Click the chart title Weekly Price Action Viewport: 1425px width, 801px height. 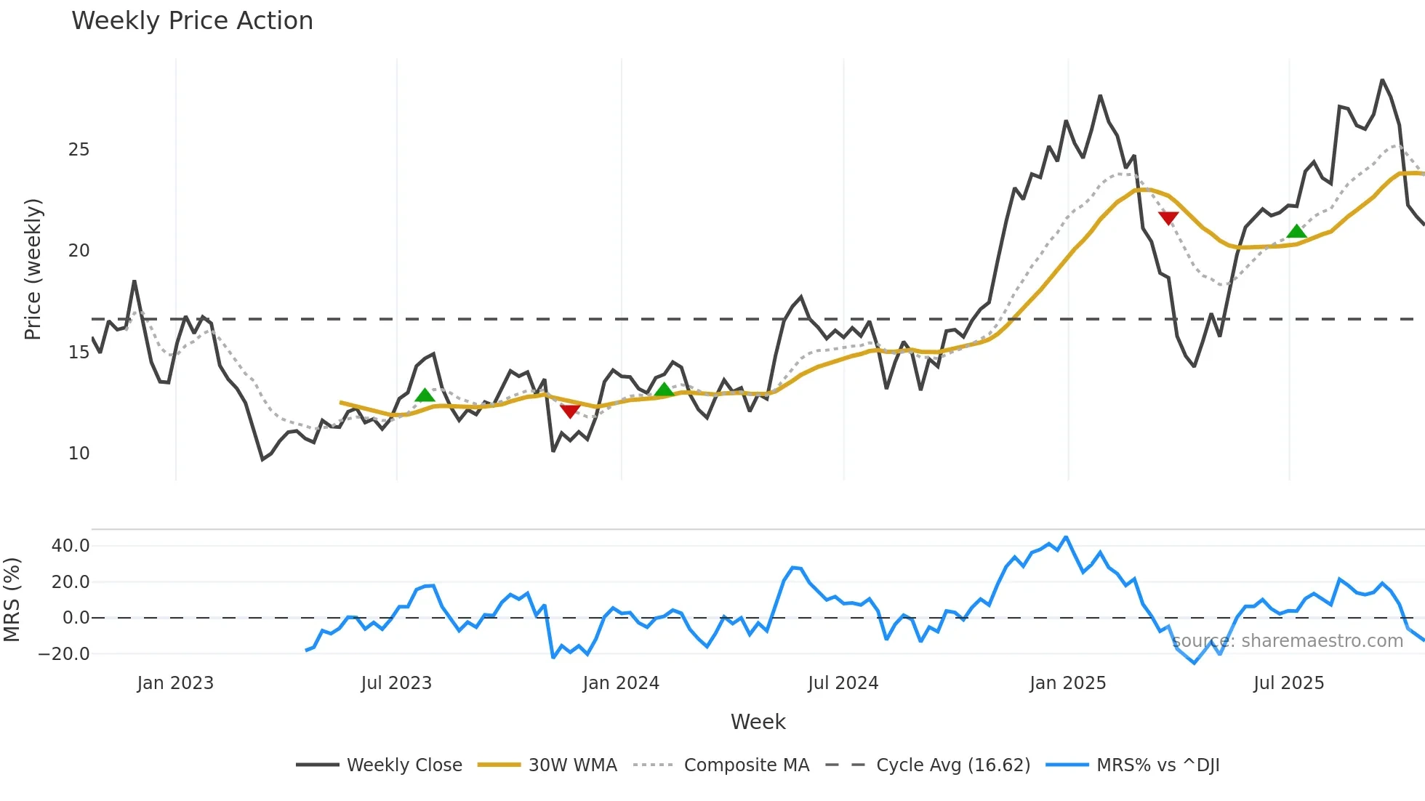tap(192, 21)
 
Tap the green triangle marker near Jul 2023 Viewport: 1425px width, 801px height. tap(425, 395)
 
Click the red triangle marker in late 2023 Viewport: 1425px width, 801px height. tap(570, 411)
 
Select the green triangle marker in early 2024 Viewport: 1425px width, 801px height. tap(664, 390)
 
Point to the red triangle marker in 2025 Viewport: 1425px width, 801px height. tap(1168, 218)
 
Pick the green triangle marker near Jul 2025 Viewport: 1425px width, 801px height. tap(1296, 232)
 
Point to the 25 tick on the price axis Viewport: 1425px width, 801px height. tap(79, 150)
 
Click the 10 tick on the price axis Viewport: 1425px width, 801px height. tap(79, 454)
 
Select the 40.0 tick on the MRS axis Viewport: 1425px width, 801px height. tap(71, 546)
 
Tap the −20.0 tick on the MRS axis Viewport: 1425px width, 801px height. tap(64, 654)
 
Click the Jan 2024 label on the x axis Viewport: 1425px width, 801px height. tap(621, 683)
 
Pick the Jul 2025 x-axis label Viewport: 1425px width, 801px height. tap(1288, 683)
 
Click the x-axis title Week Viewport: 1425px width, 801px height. tap(758, 722)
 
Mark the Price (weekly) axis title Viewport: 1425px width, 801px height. tap(33, 269)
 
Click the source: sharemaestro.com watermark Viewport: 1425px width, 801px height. tap(1287, 641)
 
